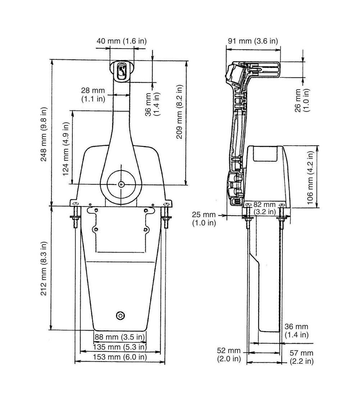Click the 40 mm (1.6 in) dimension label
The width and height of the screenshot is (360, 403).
[x=122, y=41]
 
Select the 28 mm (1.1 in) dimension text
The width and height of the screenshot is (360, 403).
[x=93, y=95]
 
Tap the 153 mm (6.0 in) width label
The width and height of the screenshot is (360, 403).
[x=120, y=357]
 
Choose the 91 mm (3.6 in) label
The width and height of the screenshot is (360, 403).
[x=253, y=41]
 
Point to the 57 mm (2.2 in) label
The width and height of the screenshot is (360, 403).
[x=302, y=357]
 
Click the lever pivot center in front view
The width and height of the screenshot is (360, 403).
[x=121, y=184]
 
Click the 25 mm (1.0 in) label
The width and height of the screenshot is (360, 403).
[x=204, y=218]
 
